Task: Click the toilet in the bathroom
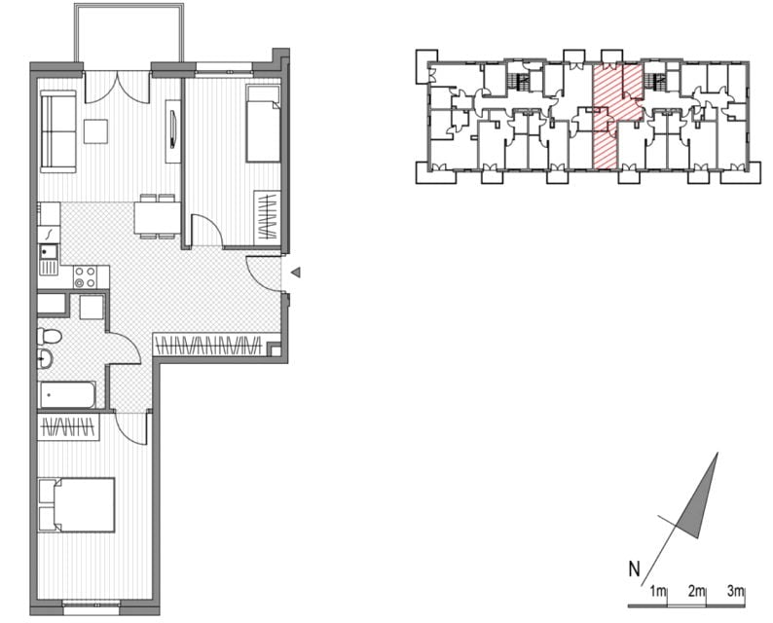click(49, 336)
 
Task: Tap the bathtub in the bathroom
click(67, 395)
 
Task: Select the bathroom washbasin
click(45, 359)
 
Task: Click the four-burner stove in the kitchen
click(85, 277)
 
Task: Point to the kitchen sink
click(49, 260)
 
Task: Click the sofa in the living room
click(58, 131)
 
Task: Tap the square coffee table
click(95, 131)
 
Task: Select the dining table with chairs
click(158, 217)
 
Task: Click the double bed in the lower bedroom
click(77, 504)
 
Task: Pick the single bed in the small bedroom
click(263, 124)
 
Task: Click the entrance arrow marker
click(296, 272)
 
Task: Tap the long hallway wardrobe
click(207, 345)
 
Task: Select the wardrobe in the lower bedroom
click(68, 426)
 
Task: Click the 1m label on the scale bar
click(658, 591)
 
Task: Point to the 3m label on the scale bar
click(736, 591)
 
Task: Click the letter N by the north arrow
click(634, 569)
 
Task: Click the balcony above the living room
click(129, 33)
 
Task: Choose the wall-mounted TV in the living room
click(173, 128)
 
